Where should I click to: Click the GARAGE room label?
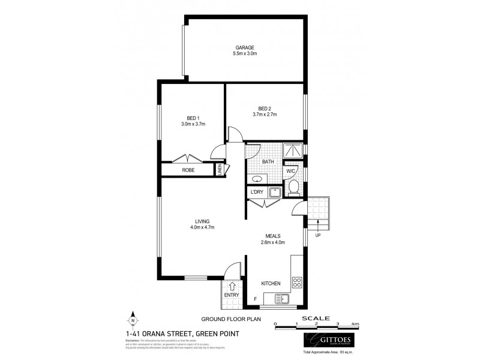click(x=244, y=47)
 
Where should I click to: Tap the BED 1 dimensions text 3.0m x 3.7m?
click(x=193, y=124)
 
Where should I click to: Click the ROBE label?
click(x=188, y=170)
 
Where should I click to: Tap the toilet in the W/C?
click(x=293, y=188)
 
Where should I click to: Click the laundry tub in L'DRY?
click(x=274, y=192)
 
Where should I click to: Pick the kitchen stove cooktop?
click(x=296, y=281)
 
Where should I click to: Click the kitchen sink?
click(x=281, y=298)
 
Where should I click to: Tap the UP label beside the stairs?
click(x=318, y=235)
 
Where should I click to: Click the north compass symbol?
click(x=133, y=320)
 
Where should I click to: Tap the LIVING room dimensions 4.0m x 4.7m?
click(x=202, y=227)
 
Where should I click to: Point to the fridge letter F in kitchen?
click(x=255, y=298)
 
